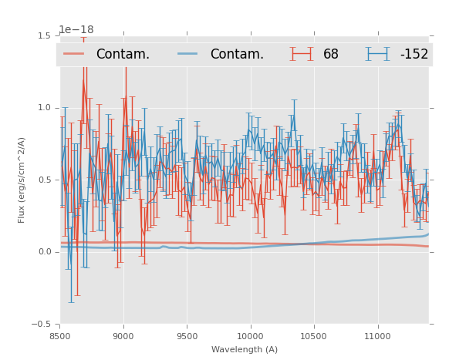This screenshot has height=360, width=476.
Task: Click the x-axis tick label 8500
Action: (x=60, y=336)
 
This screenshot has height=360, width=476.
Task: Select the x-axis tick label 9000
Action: (x=123, y=336)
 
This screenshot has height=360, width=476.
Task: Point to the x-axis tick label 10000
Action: (x=250, y=336)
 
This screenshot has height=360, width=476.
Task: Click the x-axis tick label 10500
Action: (x=314, y=336)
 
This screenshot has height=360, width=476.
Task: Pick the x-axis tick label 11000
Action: (x=377, y=336)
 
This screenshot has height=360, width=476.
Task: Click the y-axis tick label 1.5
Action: (x=45, y=35)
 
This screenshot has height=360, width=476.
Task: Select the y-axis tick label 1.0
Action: (x=45, y=108)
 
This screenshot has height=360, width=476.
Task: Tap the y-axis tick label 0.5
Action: (x=45, y=180)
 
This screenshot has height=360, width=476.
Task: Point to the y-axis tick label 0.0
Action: (x=45, y=252)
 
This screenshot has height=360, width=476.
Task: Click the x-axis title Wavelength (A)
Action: (x=245, y=350)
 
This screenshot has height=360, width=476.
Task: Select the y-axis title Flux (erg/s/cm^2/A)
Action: (x=22, y=180)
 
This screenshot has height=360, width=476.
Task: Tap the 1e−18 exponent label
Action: (x=76, y=30)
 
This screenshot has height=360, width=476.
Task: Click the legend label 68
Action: (x=331, y=54)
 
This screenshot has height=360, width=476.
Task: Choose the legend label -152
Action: (x=414, y=54)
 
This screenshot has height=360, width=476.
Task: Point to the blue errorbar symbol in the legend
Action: (x=378, y=54)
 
